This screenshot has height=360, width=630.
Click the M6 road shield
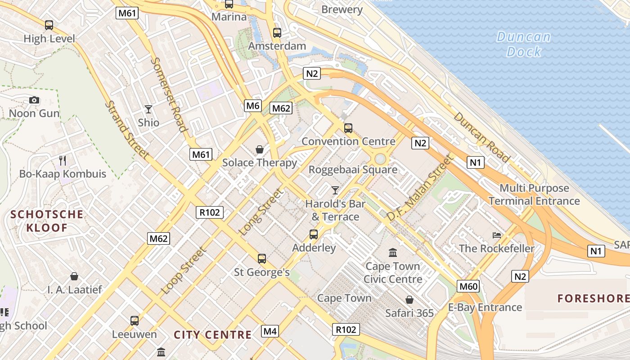(x=253, y=106)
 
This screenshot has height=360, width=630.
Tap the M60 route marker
(x=468, y=286)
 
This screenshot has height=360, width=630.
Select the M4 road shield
(x=270, y=332)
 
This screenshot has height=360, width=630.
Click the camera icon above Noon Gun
(x=34, y=100)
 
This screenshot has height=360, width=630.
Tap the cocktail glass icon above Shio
(x=148, y=109)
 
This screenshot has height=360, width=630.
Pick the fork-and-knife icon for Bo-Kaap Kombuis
(x=63, y=160)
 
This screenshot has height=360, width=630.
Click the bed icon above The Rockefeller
(x=497, y=235)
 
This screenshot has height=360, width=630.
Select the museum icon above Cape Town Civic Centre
(x=393, y=252)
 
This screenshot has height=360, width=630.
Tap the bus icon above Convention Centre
(x=348, y=128)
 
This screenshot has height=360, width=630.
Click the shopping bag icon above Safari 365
(x=409, y=300)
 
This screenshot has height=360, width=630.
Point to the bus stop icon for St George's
(x=262, y=259)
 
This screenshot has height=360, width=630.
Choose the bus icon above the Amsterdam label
(x=277, y=33)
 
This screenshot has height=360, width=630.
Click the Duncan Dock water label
(x=524, y=44)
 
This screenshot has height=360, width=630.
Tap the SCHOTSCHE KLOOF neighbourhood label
(x=47, y=220)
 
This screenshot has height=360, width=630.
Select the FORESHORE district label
(x=594, y=298)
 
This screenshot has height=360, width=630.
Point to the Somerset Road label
(x=168, y=94)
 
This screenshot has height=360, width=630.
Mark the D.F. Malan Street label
(x=419, y=188)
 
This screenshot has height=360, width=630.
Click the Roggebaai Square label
(x=353, y=170)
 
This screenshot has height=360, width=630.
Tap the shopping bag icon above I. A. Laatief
(x=74, y=276)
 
